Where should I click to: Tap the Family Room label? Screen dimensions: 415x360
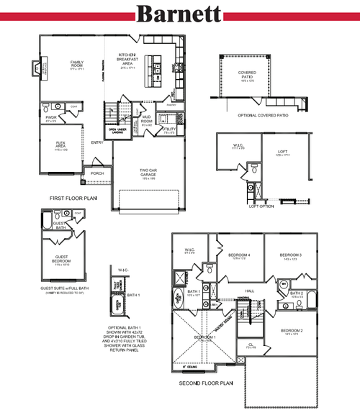[77, 64]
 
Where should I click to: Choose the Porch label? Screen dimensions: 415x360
[96, 173]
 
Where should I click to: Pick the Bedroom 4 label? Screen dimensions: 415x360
[238, 255]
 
